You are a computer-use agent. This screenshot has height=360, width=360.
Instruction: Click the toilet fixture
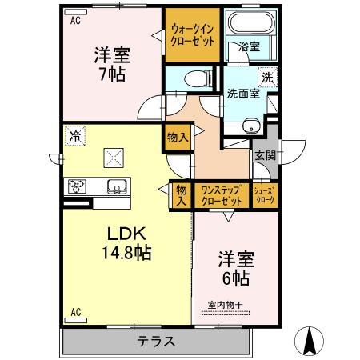click(x=193, y=78)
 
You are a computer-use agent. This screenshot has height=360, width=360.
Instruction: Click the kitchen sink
click(x=117, y=187)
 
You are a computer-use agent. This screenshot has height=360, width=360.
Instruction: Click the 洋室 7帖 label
click(x=111, y=65)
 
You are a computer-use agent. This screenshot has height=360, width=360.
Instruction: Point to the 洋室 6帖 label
click(x=235, y=269)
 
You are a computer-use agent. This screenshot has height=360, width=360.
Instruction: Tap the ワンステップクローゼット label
click(x=222, y=196)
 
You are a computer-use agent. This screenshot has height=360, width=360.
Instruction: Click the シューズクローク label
click(x=264, y=196)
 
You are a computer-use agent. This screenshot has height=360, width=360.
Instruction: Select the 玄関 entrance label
click(x=264, y=156)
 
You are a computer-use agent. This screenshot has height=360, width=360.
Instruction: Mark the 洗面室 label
click(x=242, y=92)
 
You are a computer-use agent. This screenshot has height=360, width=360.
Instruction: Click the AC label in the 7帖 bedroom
click(x=74, y=22)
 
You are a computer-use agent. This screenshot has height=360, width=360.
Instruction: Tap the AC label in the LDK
click(x=76, y=312)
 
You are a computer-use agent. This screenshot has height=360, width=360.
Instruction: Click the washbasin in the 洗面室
click(x=251, y=126)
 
